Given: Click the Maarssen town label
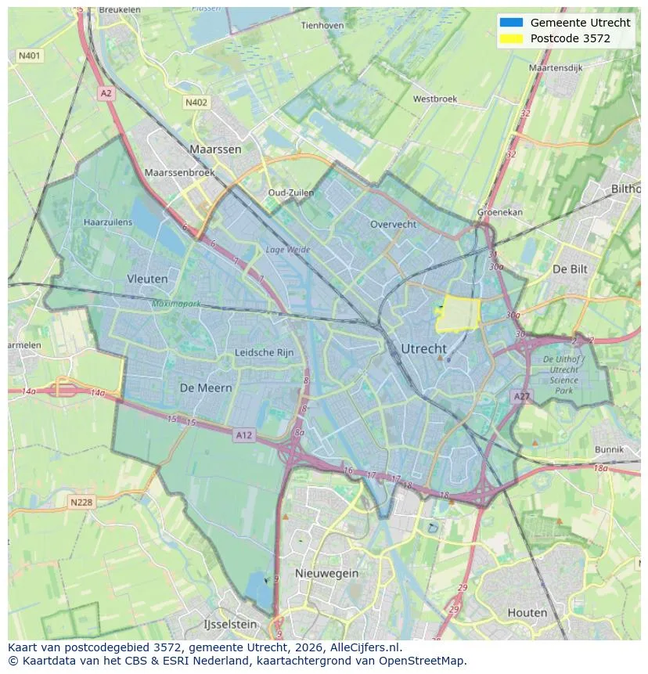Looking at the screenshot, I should click(215, 149).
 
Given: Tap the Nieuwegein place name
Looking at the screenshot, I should click(326, 573).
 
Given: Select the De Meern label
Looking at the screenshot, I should click(206, 387).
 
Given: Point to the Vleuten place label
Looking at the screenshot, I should click(147, 279).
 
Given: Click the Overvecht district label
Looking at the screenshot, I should click(393, 224).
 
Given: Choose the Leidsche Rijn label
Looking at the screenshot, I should click(265, 353).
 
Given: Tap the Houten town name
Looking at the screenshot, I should click(527, 612).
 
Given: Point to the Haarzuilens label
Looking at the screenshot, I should click(108, 222).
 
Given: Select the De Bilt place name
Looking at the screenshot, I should click(570, 269).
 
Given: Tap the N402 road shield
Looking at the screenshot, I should click(196, 103).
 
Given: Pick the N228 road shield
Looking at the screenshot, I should click(82, 503).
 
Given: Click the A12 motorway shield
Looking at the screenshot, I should click(244, 435).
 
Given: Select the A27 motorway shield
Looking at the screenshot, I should click(521, 397).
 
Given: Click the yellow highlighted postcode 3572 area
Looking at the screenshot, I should click(458, 316).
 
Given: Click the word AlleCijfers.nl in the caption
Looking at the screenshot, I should click(368, 647).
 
